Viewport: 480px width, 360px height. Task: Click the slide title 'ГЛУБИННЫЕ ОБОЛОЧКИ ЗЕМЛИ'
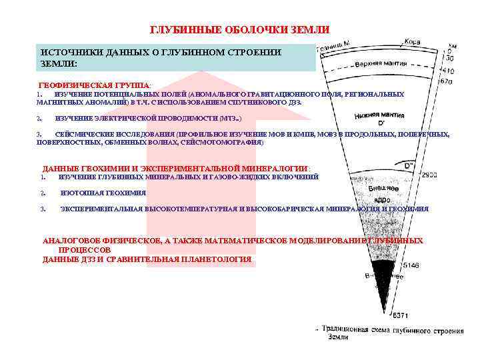tap(239, 30)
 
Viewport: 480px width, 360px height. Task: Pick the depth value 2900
tap(429, 175)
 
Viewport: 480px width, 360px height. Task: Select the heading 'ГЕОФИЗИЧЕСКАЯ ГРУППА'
tap(95, 86)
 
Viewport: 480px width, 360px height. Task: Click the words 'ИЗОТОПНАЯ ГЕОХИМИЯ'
tap(103, 193)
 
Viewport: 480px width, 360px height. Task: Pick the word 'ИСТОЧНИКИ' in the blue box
tap(68, 52)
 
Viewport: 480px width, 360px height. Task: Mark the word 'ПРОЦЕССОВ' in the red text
tap(80, 249)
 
